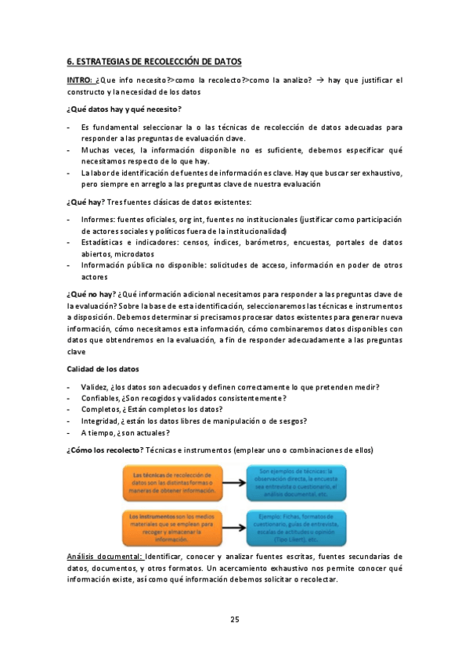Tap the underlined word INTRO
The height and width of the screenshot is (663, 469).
80,81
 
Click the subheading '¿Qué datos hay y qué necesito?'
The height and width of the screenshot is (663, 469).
124,108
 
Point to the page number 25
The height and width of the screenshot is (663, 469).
234,619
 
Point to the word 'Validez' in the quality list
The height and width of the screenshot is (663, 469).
94,387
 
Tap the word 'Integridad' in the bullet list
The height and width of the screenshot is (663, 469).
99,421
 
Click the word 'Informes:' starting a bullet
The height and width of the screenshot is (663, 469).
98,220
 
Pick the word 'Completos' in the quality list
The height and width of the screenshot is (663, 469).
99,409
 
